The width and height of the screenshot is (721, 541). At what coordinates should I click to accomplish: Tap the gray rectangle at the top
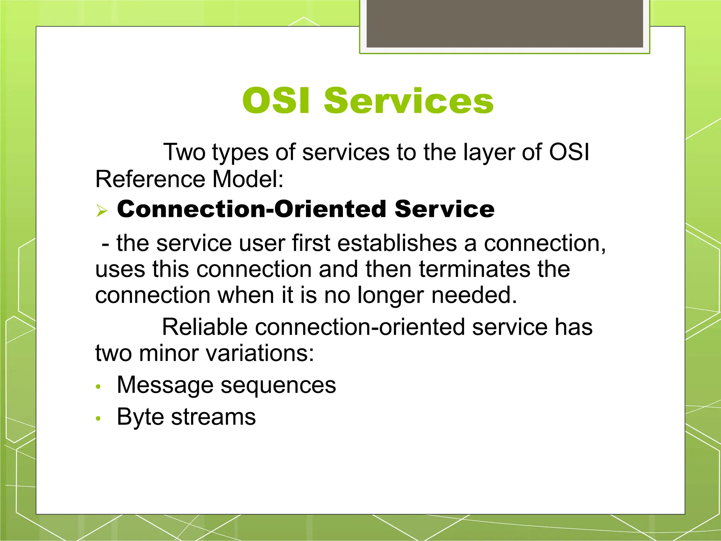click(504, 23)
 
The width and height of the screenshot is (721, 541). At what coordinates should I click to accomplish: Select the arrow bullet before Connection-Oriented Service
click(102, 211)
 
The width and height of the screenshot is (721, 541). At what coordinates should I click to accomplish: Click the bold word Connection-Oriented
click(252, 209)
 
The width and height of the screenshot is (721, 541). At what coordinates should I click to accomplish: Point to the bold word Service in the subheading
click(444, 209)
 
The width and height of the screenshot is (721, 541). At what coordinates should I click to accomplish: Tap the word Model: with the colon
click(248, 179)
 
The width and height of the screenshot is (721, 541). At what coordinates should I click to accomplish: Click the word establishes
click(396, 243)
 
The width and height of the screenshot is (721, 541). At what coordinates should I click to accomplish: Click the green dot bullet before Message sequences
click(99, 387)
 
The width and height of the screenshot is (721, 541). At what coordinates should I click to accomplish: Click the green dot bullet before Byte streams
click(99, 418)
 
